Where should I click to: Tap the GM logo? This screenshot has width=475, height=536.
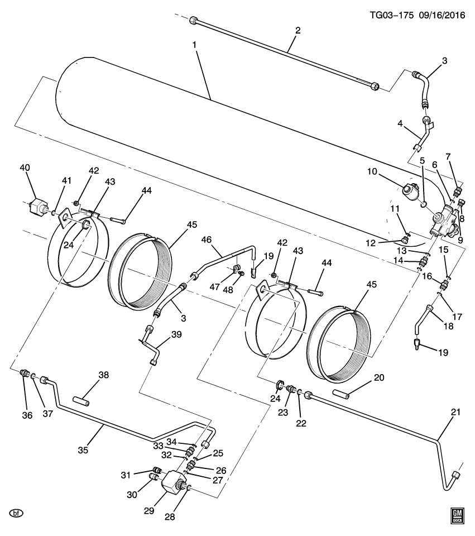coord(457,515)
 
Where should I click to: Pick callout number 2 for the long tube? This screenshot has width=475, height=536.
coord(298,30)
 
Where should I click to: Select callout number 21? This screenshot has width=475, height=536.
coord(455,413)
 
